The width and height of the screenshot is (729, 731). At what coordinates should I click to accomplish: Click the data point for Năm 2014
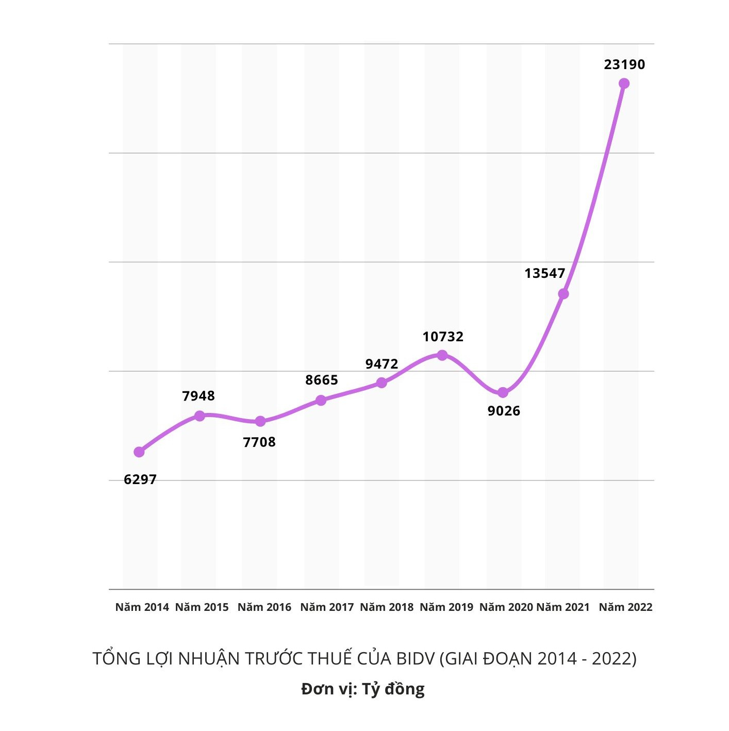tap(139, 452)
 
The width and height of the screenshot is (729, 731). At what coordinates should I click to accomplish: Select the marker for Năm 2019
tap(442, 355)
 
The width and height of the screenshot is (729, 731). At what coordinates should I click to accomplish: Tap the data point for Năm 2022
tap(624, 84)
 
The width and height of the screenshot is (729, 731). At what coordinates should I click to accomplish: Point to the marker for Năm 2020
tap(503, 393)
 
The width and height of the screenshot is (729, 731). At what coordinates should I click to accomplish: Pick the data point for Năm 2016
tap(260, 422)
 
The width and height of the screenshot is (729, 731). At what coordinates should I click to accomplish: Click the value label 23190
tap(624, 64)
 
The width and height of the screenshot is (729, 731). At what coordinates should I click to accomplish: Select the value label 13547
tap(545, 273)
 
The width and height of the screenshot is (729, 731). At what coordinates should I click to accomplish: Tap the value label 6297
tap(140, 479)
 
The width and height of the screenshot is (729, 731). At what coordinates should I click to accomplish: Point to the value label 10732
tap(443, 337)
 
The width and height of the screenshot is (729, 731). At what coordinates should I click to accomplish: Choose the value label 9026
tap(504, 411)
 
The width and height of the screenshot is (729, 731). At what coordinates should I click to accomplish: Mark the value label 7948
tap(198, 396)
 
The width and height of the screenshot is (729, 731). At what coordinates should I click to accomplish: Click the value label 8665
tap(322, 380)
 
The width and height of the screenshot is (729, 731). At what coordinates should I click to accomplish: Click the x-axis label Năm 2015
tap(202, 607)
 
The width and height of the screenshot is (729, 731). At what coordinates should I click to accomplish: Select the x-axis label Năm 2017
tap(327, 607)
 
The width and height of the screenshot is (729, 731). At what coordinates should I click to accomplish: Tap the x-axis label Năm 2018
tap(387, 607)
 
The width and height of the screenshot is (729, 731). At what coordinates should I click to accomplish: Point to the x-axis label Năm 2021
tap(563, 607)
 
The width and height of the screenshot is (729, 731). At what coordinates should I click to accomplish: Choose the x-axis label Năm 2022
tap(625, 607)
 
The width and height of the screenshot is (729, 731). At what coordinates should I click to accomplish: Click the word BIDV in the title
tap(415, 659)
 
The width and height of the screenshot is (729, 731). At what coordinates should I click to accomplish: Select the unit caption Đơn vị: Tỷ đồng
tap(363, 689)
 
